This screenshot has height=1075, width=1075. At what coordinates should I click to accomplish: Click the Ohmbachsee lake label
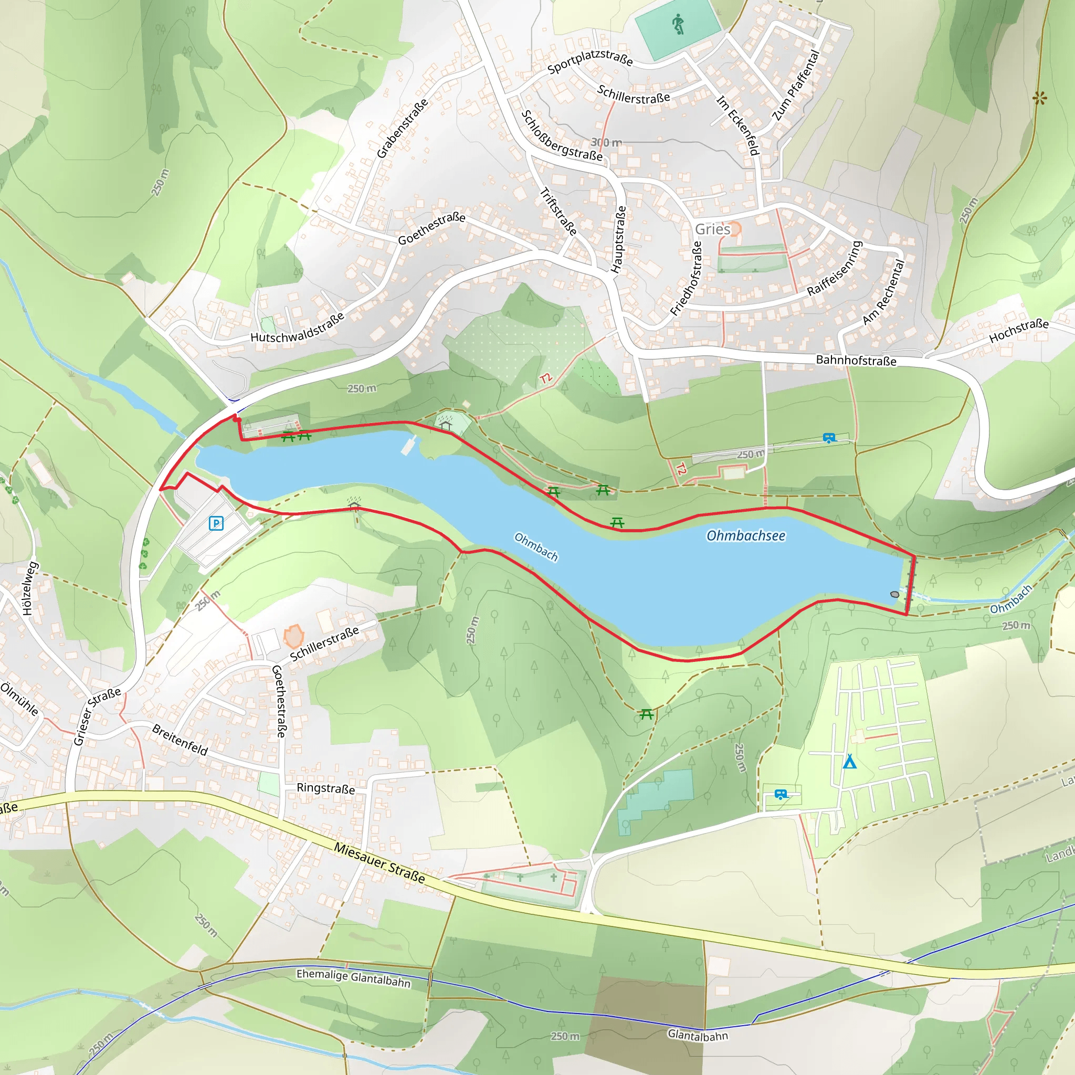coord(745,536)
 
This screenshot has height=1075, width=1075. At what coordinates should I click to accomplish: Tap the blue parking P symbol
coord(216,523)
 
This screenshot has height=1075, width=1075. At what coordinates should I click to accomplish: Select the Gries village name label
coord(712,229)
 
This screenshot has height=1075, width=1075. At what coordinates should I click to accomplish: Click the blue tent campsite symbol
coord(849,762)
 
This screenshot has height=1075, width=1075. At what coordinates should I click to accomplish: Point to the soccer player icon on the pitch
coord(677,25)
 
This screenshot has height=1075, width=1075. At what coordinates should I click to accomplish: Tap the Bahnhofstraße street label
coord(856,361)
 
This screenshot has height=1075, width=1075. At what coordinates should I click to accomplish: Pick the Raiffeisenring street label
coord(834,268)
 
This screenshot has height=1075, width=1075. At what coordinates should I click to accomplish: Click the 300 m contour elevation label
coord(606,143)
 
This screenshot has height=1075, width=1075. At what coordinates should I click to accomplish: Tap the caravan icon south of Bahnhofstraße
coord(829,438)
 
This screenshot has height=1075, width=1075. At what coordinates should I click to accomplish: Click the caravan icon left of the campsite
coord(781,795)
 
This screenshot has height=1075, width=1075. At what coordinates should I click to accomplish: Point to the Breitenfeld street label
coord(180,741)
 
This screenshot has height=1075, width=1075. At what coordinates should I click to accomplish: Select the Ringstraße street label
coord(325,788)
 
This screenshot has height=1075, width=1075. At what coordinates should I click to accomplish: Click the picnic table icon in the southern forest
coord(646,714)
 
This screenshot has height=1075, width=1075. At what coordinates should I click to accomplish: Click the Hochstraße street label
coord(1018,331)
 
